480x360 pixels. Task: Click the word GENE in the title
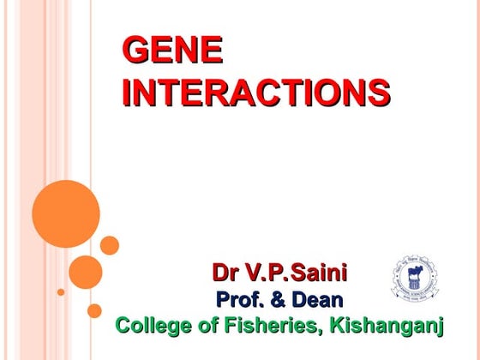tap(172, 51)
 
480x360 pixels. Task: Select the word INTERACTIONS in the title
tap(255, 93)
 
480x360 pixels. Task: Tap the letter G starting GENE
tap(135, 51)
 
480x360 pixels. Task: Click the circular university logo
tap(413, 278)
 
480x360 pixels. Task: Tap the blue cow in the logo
tap(413, 276)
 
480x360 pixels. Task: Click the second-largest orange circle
tap(86, 272)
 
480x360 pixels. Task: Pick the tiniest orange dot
tap(61, 292)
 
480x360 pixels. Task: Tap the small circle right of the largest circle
tap(110, 245)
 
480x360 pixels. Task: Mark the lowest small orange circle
tap(94, 310)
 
